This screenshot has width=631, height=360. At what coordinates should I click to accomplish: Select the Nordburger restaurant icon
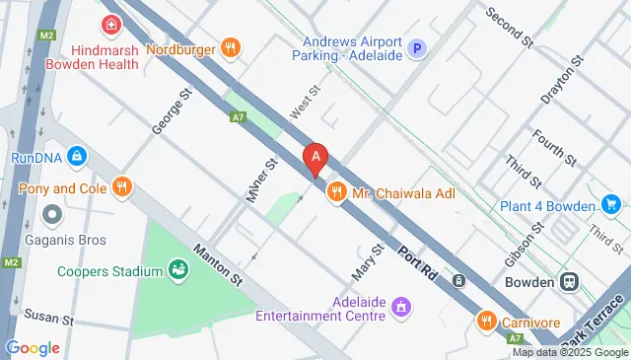click(230, 46)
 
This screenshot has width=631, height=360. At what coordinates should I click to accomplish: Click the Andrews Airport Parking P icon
click(417, 47)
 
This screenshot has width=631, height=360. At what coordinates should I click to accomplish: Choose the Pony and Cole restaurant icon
click(122, 185)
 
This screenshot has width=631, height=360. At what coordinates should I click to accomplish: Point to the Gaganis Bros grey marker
click(52, 214)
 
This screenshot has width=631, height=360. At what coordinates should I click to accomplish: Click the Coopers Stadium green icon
click(178, 269)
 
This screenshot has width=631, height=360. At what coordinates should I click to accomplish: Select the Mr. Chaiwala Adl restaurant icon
click(337, 192)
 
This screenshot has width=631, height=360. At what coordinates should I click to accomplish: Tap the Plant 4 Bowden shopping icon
click(612, 205)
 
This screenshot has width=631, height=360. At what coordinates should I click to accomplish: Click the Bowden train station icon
click(570, 281)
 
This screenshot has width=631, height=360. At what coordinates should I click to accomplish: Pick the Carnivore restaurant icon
click(485, 321)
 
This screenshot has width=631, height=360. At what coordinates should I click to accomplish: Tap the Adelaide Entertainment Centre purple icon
click(400, 309)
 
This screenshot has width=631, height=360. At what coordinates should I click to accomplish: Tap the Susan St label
click(49, 320)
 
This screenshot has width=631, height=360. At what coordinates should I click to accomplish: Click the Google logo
click(32, 347)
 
